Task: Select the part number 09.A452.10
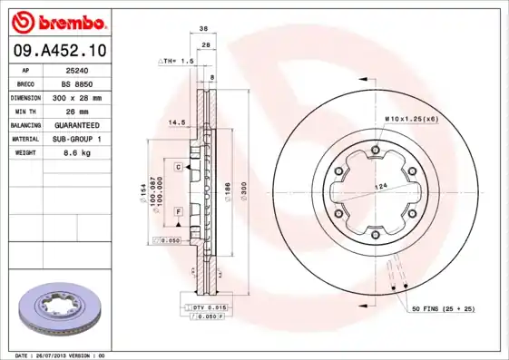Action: pyautogui.click(x=60, y=49)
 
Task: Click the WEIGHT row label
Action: pyautogui.click(x=25, y=153)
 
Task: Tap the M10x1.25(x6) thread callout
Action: pyautogui.click(x=411, y=119)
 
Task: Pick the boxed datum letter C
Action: pyautogui.click(x=179, y=167)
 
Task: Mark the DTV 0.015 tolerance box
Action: pyautogui.click(x=208, y=309)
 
